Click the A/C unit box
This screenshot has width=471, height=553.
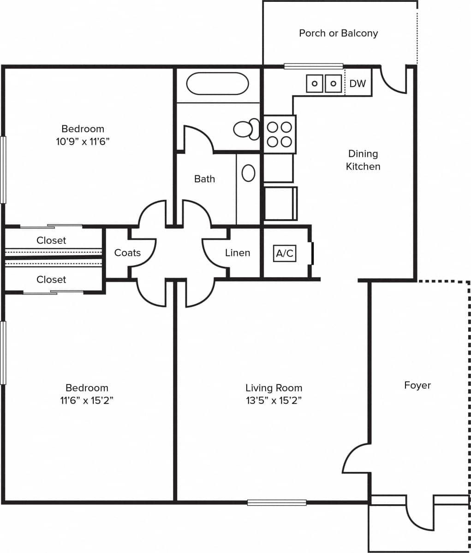(x=285, y=254)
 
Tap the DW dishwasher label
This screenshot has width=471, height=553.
(x=358, y=84)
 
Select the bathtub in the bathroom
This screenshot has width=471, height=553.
(x=217, y=83)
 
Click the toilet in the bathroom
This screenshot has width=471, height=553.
(x=246, y=129)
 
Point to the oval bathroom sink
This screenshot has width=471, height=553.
(x=249, y=173)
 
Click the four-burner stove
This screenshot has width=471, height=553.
(x=280, y=134)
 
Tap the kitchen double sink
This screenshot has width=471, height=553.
(x=324, y=84)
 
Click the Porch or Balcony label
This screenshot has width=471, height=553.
(x=338, y=33)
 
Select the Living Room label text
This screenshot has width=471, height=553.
(x=274, y=388)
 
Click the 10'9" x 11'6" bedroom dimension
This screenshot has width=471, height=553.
(x=83, y=142)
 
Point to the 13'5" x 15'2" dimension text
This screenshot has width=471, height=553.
(x=274, y=401)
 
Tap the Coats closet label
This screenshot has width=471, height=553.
(x=127, y=253)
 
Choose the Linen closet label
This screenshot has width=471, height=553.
(x=238, y=253)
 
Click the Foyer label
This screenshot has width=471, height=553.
(x=417, y=385)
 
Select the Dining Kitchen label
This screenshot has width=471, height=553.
(x=363, y=160)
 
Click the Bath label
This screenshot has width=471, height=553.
(x=204, y=179)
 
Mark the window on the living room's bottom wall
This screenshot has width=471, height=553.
(x=277, y=502)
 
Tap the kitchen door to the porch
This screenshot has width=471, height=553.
(x=393, y=81)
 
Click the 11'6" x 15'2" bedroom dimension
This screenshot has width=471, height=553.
(x=87, y=401)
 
